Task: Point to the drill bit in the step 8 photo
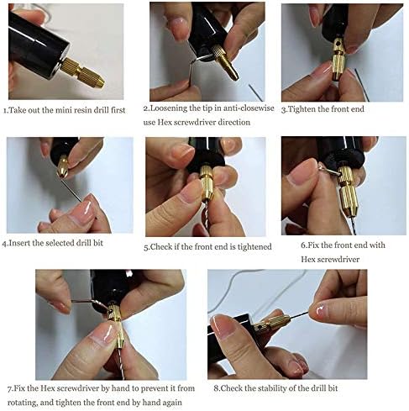311,314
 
